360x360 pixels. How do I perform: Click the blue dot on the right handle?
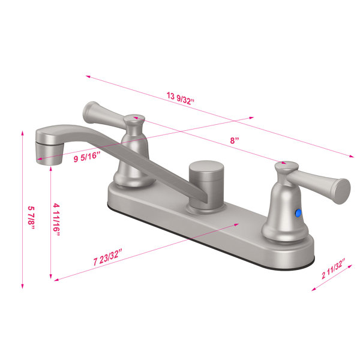pyautogui.click(x=298, y=213)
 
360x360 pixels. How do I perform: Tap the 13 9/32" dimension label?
pyautogui.click(x=181, y=98)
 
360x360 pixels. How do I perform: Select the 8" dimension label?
pyautogui.click(x=235, y=140)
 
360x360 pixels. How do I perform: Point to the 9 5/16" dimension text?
pyautogui.click(x=87, y=157)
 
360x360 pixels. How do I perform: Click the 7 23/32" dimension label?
pyautogui.click(x=107, y=257)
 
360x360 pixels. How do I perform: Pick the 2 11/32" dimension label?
pyautogui.click(x=334, y=269)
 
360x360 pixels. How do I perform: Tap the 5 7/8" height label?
pyautogui.click(x=31, y=218)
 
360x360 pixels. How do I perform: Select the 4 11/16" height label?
pyautogui.click(x=56, y=220)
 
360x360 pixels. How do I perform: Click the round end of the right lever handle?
pyautogui.click(x=342, y=191)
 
